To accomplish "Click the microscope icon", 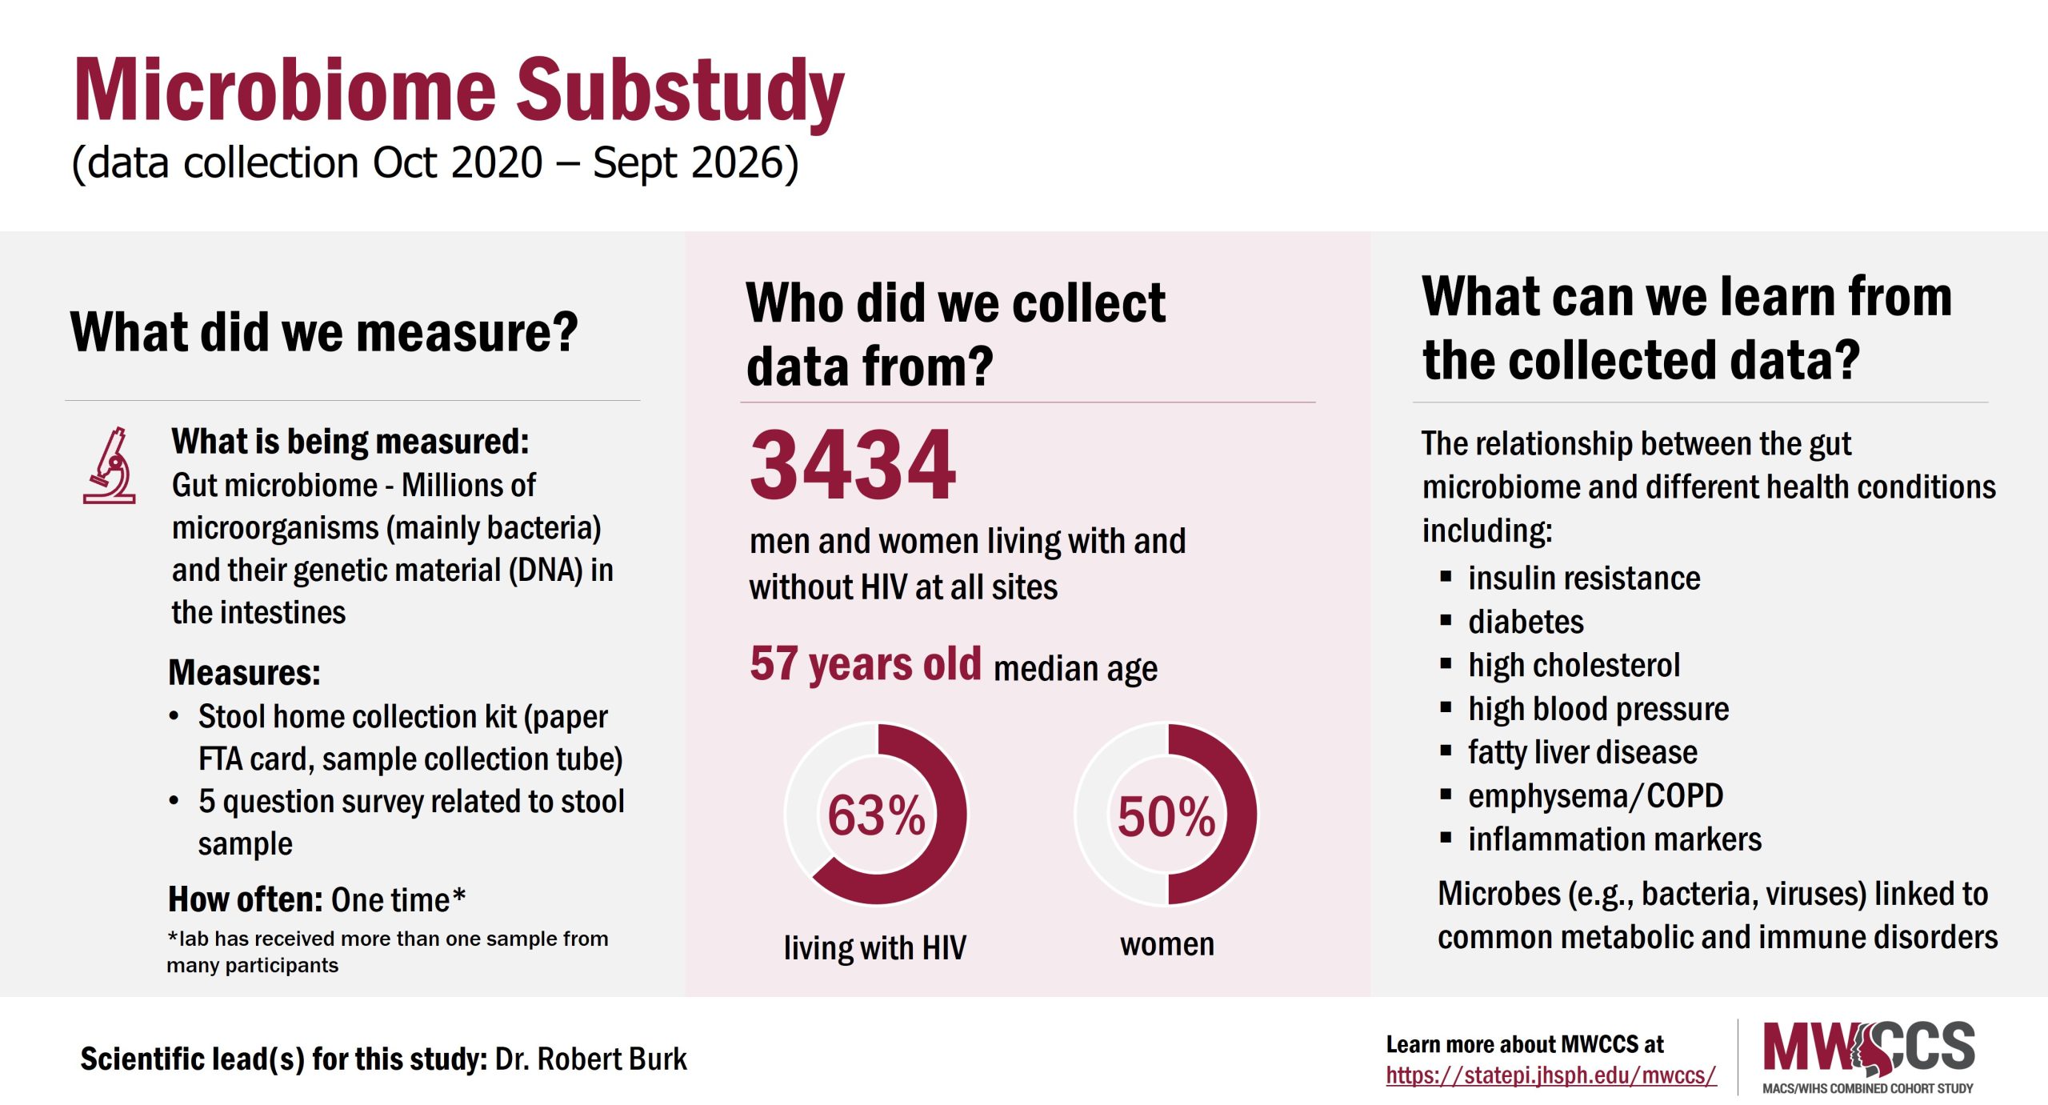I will click(110, 466).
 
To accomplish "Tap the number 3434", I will click(853, 466).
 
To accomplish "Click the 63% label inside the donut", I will click(876, 815).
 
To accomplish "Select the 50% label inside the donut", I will click(1166, 816).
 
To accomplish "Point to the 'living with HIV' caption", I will click(874, 947).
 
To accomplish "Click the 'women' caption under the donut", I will click(1166, 944).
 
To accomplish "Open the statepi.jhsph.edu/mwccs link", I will click(1550, 1075).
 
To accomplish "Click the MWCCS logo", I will click(1868, 1056).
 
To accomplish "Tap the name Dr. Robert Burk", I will click(590, 1059).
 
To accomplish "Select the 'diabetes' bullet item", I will click(1525, 622).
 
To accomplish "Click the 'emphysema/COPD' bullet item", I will click(1594, 796).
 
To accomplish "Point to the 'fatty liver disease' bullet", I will click(1582, 752).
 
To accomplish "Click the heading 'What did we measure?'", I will click(323, 332).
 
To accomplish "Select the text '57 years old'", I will click(865, 663).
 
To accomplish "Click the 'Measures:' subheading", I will click(244, 672).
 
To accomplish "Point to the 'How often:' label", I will click(244, 899).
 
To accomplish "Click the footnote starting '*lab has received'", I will click(387, 951).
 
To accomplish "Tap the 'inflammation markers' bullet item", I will click(1614, 839).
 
